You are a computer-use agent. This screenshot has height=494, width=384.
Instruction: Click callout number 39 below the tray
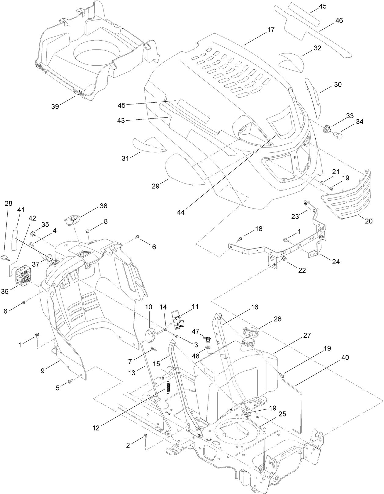[x=55, y=106]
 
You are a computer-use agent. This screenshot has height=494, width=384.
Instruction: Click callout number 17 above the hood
[x=271, y=30]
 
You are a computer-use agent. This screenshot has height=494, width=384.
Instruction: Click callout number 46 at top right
[x=339, y=20]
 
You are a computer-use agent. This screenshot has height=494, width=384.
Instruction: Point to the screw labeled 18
[x=240, y=238]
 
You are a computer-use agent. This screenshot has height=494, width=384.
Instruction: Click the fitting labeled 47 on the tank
[x=208, y=338]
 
